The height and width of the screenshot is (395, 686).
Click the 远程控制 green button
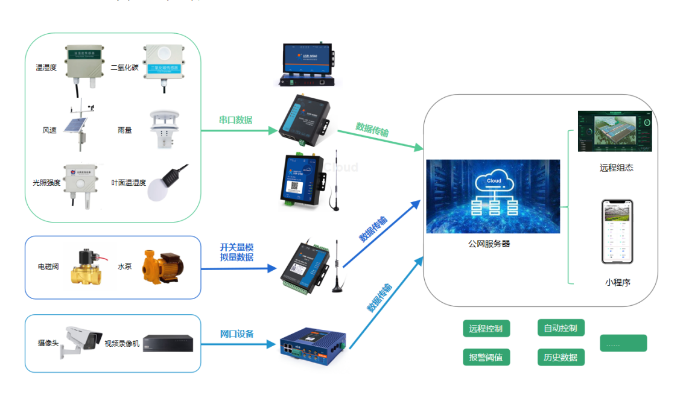486,329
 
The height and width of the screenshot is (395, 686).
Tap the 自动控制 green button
561,328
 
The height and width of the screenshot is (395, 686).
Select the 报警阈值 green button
486,357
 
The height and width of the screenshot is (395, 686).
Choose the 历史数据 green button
561,357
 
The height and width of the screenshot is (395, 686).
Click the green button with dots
623,343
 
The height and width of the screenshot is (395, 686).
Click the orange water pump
160,267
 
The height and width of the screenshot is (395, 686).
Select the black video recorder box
168,343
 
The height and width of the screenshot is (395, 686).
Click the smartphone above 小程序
617,232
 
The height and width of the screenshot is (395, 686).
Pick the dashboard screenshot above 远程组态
615,131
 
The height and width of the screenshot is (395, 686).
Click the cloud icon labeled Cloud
494,180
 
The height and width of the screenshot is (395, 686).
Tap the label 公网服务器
489,244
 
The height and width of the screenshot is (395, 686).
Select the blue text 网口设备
237,333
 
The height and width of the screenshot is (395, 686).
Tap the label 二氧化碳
125,68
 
